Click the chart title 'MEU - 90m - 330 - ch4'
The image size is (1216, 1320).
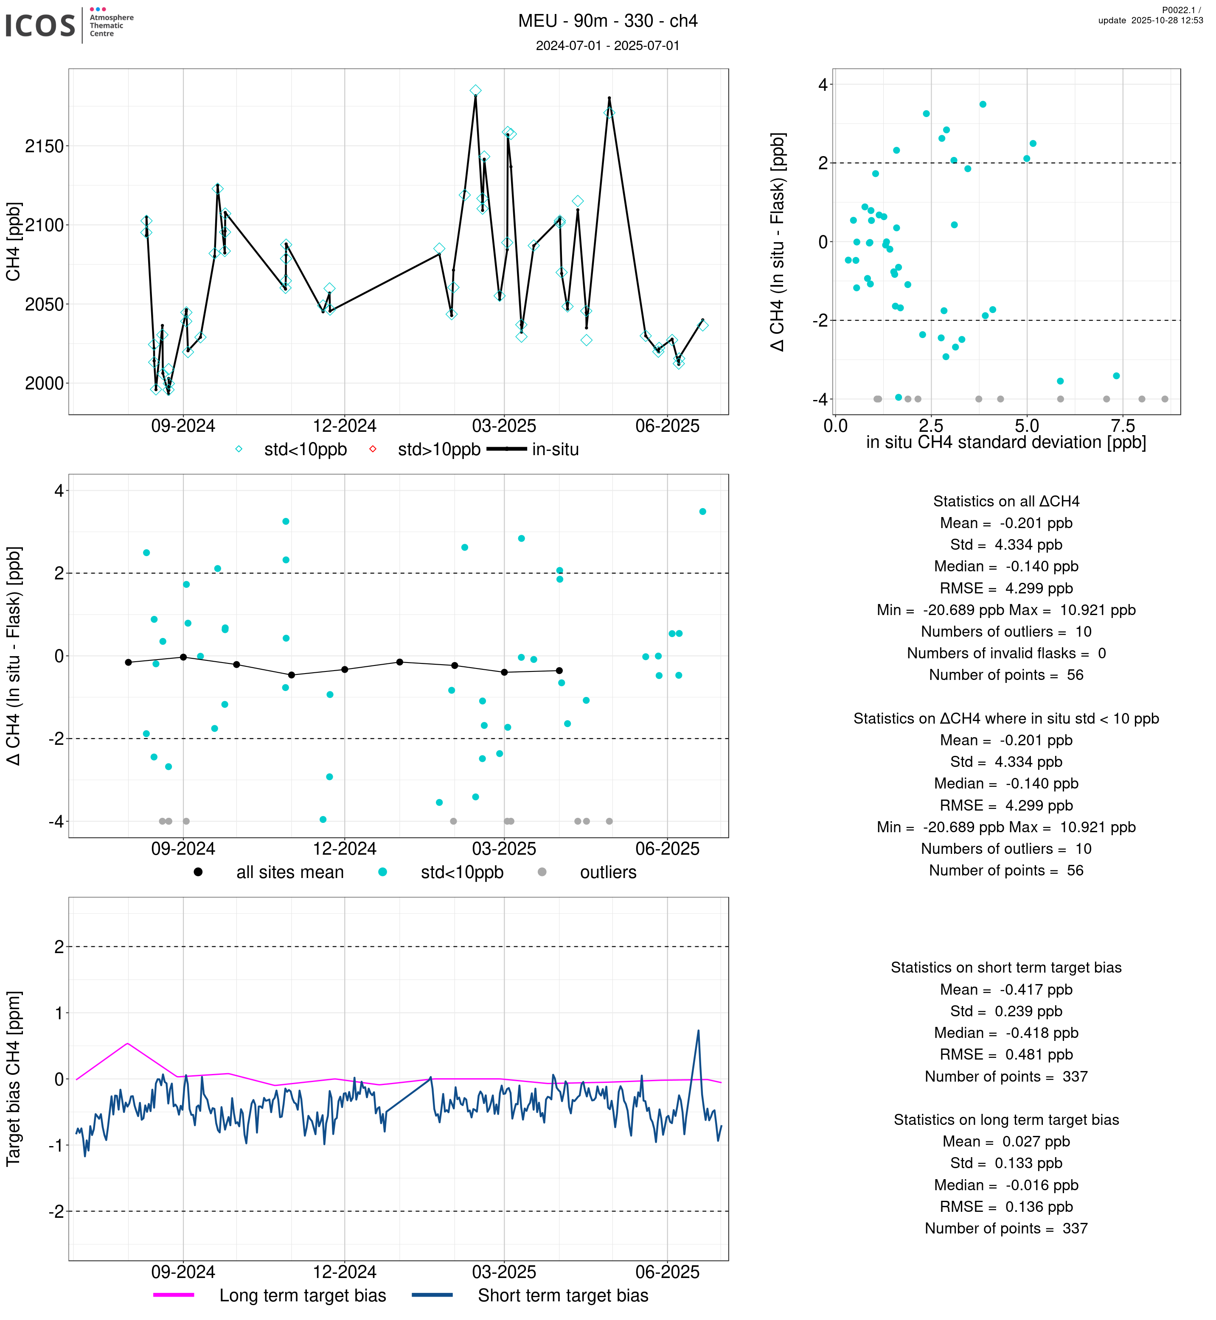coord(607,21)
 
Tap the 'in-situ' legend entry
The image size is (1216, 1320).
coord(555,450)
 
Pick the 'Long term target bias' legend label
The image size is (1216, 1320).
coord(303,1296)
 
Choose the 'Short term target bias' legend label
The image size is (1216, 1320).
coord(563,1296)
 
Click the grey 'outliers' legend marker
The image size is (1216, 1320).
coord(542,872)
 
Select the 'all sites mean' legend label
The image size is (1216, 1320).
coord(289,873)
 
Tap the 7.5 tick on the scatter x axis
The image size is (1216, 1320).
coord(1123,426)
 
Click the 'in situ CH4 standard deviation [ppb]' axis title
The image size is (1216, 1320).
coord(1005,443)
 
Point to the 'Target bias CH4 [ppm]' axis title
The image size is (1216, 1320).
coord(14,1079)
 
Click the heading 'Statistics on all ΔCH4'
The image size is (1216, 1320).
coord(1006,502)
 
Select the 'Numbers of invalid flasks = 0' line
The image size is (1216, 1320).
coord(1006,654)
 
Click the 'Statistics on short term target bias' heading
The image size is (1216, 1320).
coord(1006,968)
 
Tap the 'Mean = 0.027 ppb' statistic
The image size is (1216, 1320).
coord(1006,1142)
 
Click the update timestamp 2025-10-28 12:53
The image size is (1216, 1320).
coord(1150,20)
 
